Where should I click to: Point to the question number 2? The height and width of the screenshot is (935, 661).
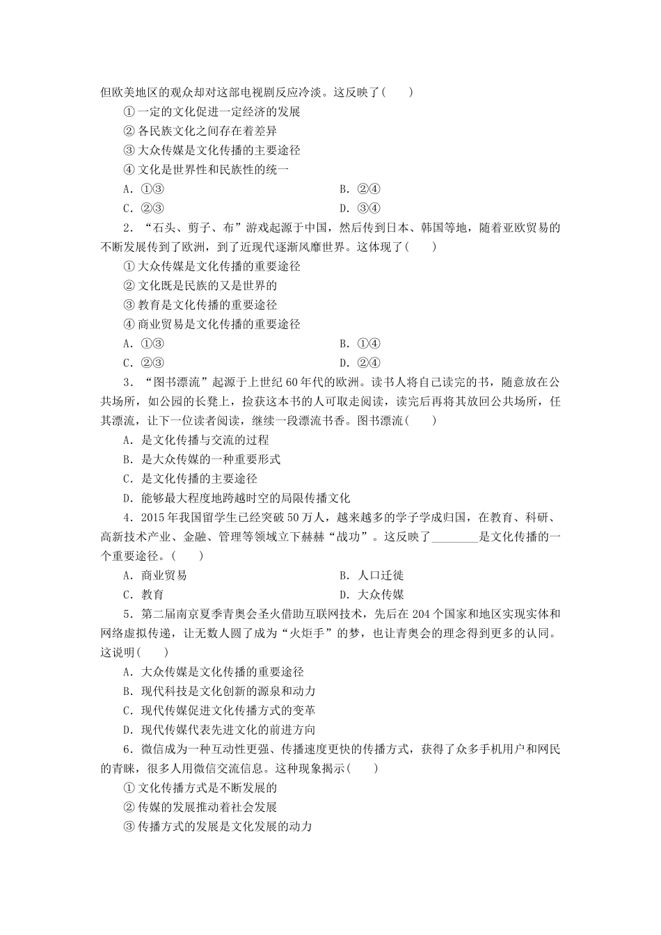127,227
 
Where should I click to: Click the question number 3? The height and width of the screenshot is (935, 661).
127,382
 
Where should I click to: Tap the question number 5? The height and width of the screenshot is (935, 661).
127,614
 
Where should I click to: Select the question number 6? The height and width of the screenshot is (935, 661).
127,749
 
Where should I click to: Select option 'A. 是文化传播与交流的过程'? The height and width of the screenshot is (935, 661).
196,440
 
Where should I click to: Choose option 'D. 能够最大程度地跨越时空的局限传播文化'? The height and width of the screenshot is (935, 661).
237,498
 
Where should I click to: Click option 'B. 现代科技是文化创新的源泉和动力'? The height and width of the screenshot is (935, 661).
219,691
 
